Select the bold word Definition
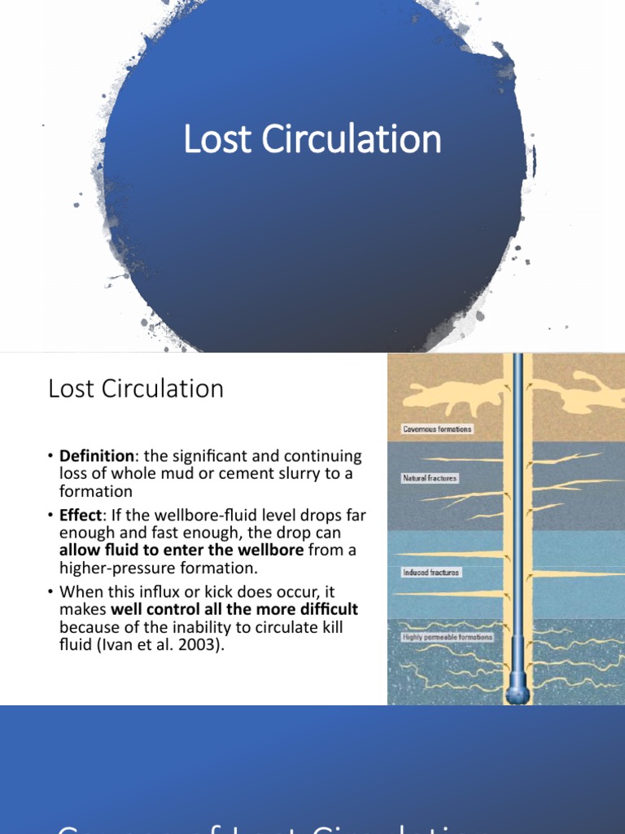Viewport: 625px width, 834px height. [x=95, y=457]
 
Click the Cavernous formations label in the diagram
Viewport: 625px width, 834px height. [x=437, y=429]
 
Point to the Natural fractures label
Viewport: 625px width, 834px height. [x=430, y=479]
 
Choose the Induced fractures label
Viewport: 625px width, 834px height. [x=431, y=573]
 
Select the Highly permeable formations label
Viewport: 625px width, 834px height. [x=448, y=637]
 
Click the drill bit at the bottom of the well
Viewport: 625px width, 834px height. [x=518, y=692]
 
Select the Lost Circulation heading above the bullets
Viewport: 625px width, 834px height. [x=136, y=389]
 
